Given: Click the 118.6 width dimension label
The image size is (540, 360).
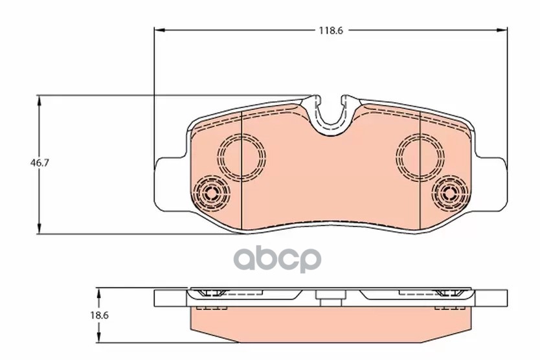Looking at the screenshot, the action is click(331, 30).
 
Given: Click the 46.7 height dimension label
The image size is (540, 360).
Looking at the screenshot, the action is click(40, 163).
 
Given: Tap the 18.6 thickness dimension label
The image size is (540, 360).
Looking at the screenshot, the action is click(100, 315).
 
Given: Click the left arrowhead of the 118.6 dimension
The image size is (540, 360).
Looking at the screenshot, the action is click(159, 30).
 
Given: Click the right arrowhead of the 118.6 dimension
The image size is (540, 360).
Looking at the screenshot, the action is click(502, 30).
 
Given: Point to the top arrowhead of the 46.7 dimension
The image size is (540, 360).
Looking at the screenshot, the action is click(39, 101).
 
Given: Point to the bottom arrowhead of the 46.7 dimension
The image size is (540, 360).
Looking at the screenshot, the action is click(39, 228).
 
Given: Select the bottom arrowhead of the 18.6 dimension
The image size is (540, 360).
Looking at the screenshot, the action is click(99, 337).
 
